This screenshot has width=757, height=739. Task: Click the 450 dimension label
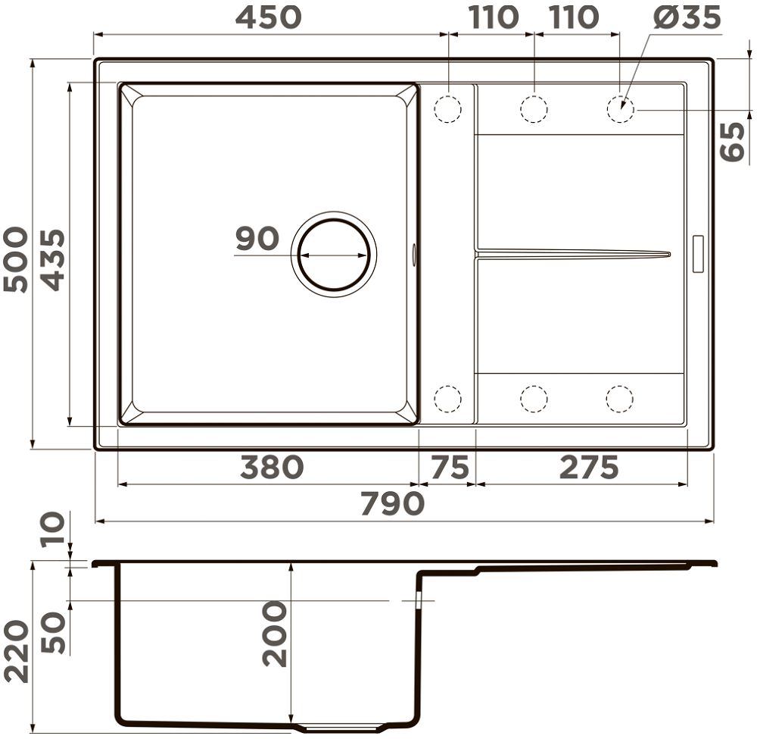click(x=269, y=17)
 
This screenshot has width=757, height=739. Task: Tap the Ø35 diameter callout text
click(x=687, y=17)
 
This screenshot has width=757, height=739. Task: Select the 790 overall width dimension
click(x=392, y=504)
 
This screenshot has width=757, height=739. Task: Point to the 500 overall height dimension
click(x=15, y=259)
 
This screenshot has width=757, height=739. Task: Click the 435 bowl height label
click(x=52, y=259)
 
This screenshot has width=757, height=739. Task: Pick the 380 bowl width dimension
click(x=273, y=468)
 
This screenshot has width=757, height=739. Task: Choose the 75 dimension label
click(x=450, y=468)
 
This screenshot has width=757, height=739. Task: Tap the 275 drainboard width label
click(x=589, y=468)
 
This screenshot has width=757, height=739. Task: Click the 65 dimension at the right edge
click(x=732, y=141)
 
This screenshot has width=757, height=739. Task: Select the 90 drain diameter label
click(x=257, y=238)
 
